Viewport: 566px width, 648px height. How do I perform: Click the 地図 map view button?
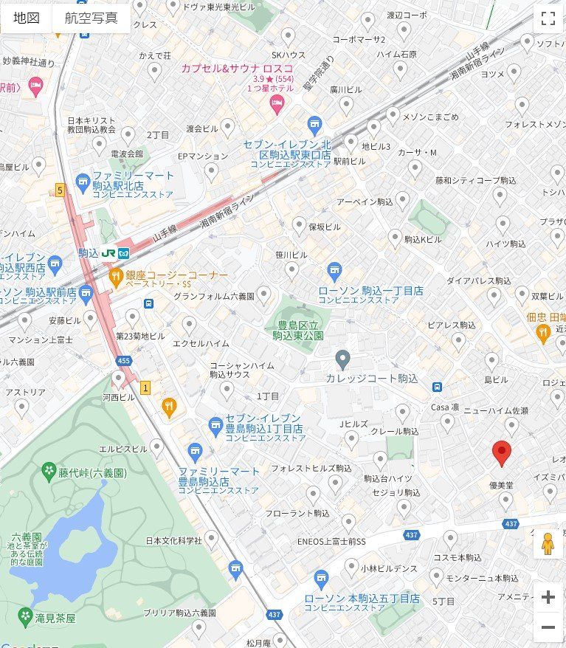pyautogui.click(x=27, y=18)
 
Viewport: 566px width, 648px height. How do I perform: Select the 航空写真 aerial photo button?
pyautogui.click(x=91, y=18)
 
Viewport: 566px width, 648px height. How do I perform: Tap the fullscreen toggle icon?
pyautogui.click(x=548, y=18)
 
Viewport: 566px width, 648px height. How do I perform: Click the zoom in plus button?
pyautogui.click(x=548, y=597)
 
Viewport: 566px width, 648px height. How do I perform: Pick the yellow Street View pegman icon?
pyautogui.click(x=547, y=544)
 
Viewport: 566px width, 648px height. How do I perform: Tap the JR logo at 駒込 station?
pyautogui.click(x=108, y=252)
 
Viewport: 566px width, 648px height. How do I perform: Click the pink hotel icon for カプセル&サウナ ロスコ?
pyautogui.click(x=277, y=108)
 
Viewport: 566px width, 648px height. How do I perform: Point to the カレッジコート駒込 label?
pyautogui.click(x=372, y=379)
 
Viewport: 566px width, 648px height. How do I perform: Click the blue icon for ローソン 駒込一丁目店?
pyautogui.click(x=334, y=271)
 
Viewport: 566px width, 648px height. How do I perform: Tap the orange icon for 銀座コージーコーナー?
pyautogui.click(x=115, y=276)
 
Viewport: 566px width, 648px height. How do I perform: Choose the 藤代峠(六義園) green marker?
pyautogui.click(x=49, y=470)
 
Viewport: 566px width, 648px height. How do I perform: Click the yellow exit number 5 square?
pyautogui.click(x=60, y=190)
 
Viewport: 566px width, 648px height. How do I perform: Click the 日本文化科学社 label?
pyautogui.click(x=173, y=540)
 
